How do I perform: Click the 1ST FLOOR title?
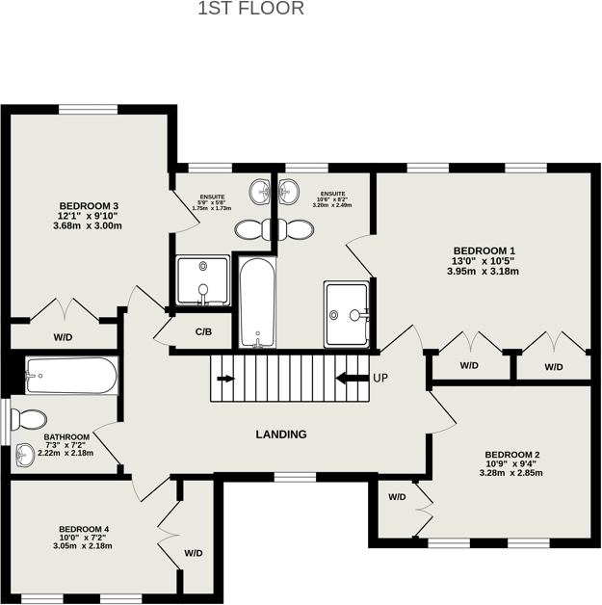[250, 10]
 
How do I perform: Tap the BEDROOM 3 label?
[89, 205]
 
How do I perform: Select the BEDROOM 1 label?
[483, 248]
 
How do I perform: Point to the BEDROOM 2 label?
[511, 455]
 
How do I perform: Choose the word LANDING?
[281, 434]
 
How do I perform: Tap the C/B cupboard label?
[203, 332]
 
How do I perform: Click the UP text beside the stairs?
[380, 378]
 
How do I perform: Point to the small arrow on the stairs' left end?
[225, 379]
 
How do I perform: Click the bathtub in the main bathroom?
[71, 375]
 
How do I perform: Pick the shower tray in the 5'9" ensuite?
[202, 281]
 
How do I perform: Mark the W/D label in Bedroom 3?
[63, 337]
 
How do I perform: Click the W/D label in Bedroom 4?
[194, 553]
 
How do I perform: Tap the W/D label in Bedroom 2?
[397, 497]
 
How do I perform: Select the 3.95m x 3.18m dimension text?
[483, 271]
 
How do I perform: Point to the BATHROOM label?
[66, 436]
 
